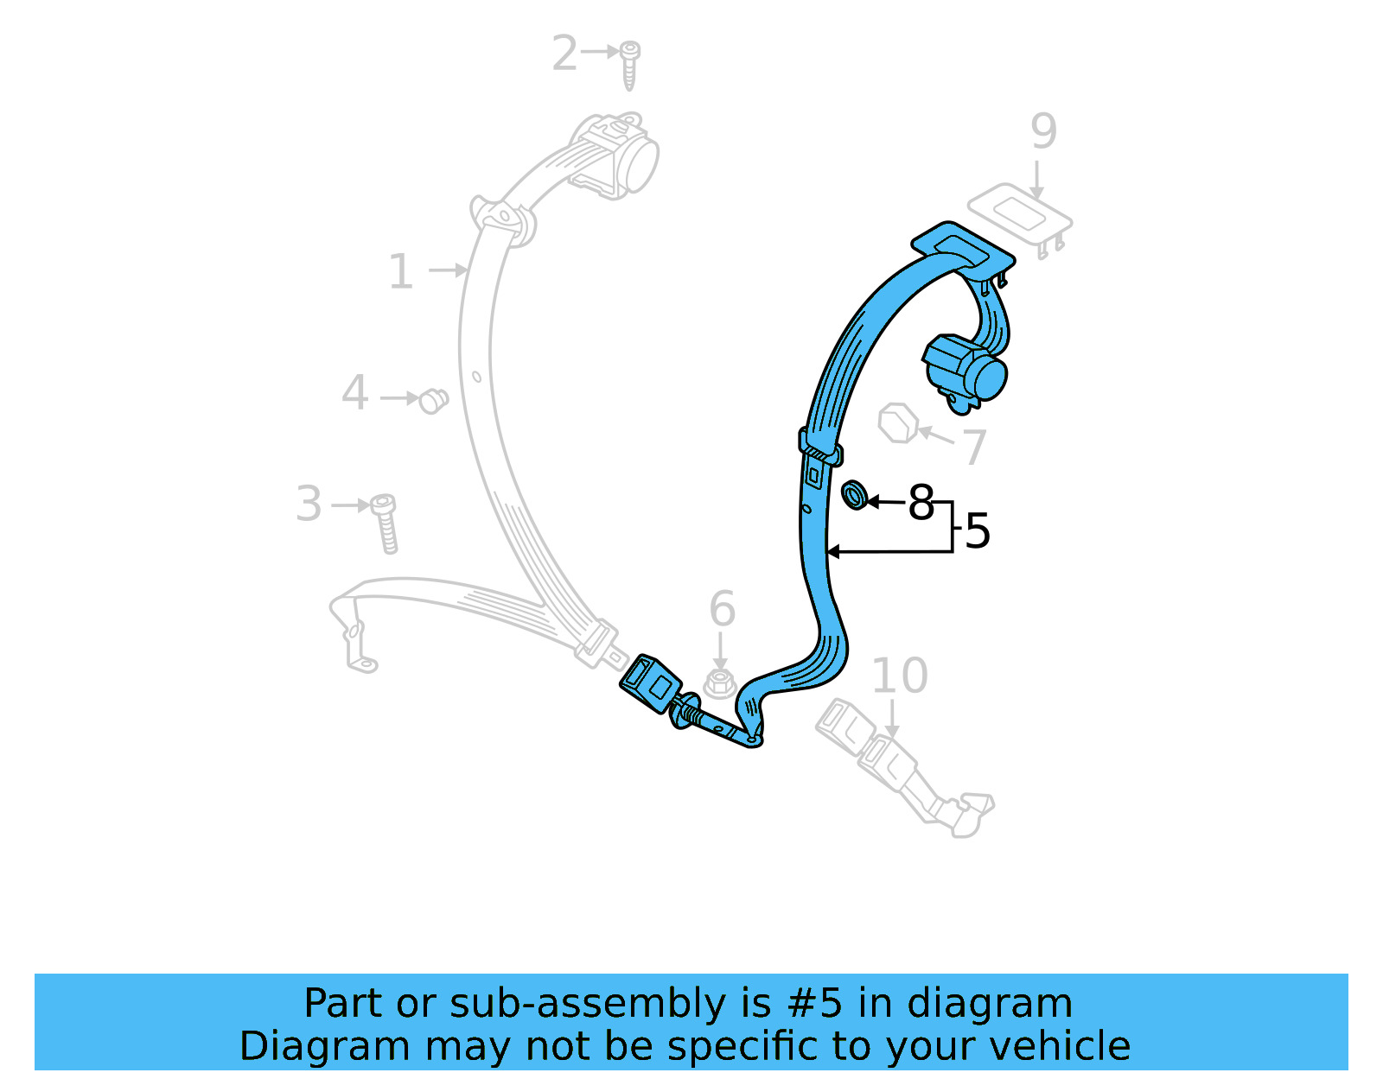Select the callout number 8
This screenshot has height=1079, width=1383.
click(921, 502)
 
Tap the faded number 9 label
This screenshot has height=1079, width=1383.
click(1043, 131)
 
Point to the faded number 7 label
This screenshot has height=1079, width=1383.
click(975, 447)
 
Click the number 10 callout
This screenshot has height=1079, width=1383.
click(899, 676)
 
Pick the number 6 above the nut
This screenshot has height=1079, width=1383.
click(722, 609)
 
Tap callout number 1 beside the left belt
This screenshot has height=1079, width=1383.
click(401, 272)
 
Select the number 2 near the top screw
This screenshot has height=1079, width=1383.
click(564, 54)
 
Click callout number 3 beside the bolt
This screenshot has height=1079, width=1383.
click(309, 504)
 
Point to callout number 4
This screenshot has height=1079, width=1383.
click(355, 393)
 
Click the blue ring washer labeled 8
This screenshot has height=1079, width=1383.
click(854, 495)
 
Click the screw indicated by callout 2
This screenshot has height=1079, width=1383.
click(630, 64)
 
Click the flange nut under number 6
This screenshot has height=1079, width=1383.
click(719, 683)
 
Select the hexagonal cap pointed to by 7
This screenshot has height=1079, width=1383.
click(897, 423)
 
